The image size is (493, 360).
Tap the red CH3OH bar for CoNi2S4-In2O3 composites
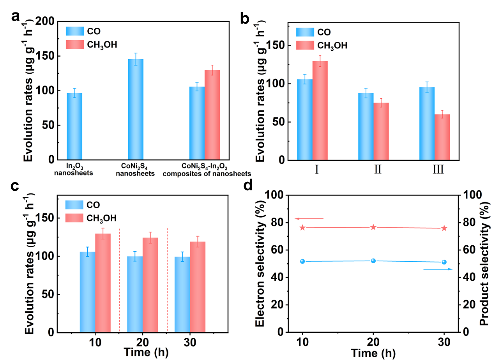point(212,115)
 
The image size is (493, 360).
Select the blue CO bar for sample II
point(366,126)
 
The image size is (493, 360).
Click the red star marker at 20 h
point(373,227)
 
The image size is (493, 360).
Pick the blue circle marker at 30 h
point(444,262)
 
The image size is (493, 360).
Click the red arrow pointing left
point(309,218)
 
